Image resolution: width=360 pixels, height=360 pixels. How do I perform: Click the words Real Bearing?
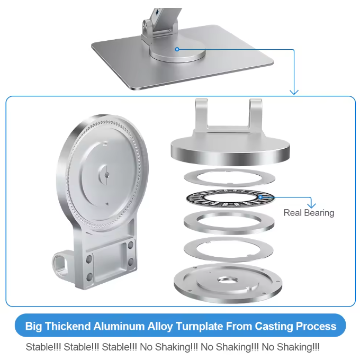(309, 213)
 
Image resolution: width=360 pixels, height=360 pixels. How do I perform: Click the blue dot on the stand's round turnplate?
(177, 49)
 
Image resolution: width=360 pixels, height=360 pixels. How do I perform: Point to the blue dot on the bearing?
(260, 197)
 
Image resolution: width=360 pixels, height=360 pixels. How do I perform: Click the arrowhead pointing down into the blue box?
(294, 92)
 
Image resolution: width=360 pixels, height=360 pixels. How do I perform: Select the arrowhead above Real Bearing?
(311, 206)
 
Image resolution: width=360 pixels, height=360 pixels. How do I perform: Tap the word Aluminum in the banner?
(119, 326)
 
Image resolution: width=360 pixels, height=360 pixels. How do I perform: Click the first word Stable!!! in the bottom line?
(43, 347)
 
